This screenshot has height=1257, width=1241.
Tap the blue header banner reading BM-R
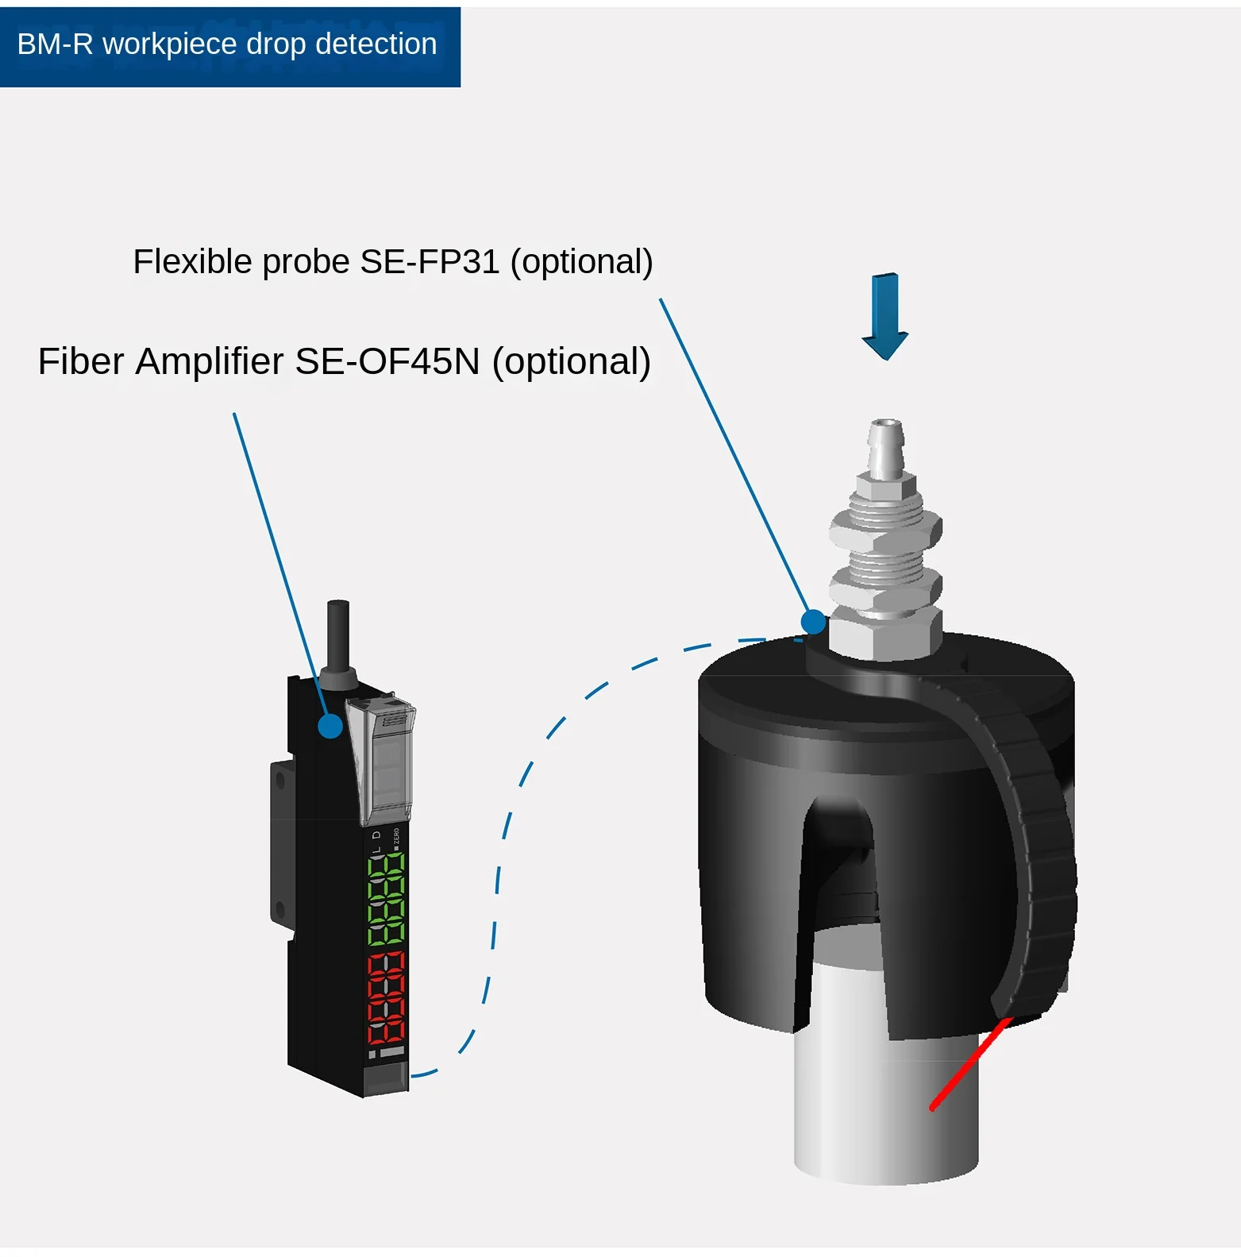click(229, 46)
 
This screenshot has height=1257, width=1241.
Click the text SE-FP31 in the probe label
click(430, 262)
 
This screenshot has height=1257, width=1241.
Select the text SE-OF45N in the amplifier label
click(387, 362)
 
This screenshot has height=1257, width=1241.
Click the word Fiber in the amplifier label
click(81, 362)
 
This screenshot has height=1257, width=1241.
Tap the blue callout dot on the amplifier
click(330, 725)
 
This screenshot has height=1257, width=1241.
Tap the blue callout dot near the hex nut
click(813, 622)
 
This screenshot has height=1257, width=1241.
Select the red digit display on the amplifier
click(386, 998)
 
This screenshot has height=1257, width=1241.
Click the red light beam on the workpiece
click(970, 1064)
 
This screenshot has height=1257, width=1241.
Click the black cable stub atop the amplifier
click(338, 635)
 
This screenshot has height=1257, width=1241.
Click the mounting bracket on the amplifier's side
click(279, 842)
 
